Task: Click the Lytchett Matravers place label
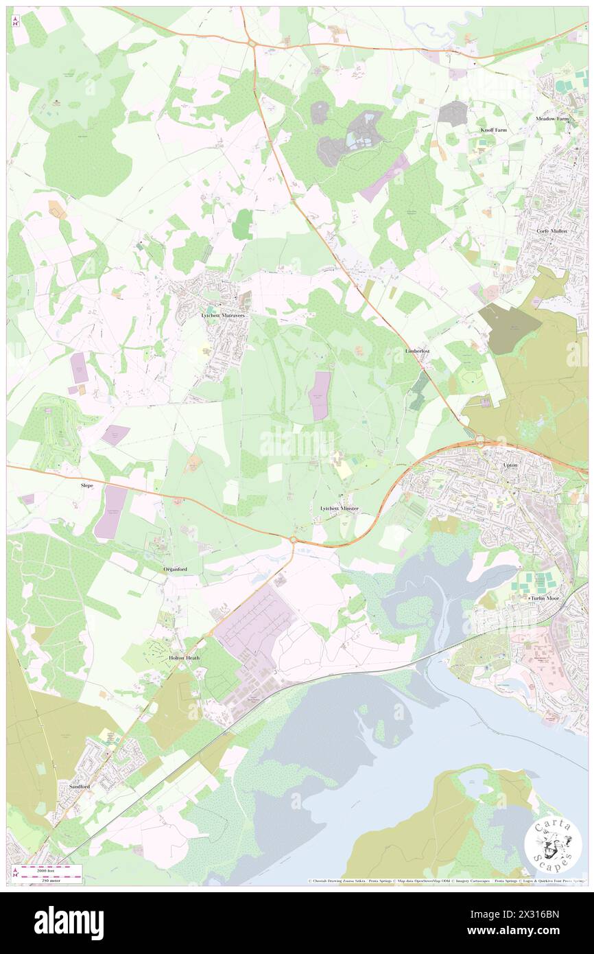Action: (x=223, y=315)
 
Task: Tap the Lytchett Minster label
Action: (x=340, y=509)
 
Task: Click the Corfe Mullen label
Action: (x=553, y=231)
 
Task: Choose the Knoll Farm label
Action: (x=493, y=130)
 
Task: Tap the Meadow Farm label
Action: (x=552, y=118)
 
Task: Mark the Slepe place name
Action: (x=86, y=484)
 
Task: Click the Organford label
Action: (x=176, y=570)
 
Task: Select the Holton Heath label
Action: (x=183, y=658)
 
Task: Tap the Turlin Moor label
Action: (x=545, y=598)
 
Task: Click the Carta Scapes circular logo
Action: (x=554, y=844)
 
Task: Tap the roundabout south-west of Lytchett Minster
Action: (x=294, y=541)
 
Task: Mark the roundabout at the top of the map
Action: (x=252, y=44)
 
